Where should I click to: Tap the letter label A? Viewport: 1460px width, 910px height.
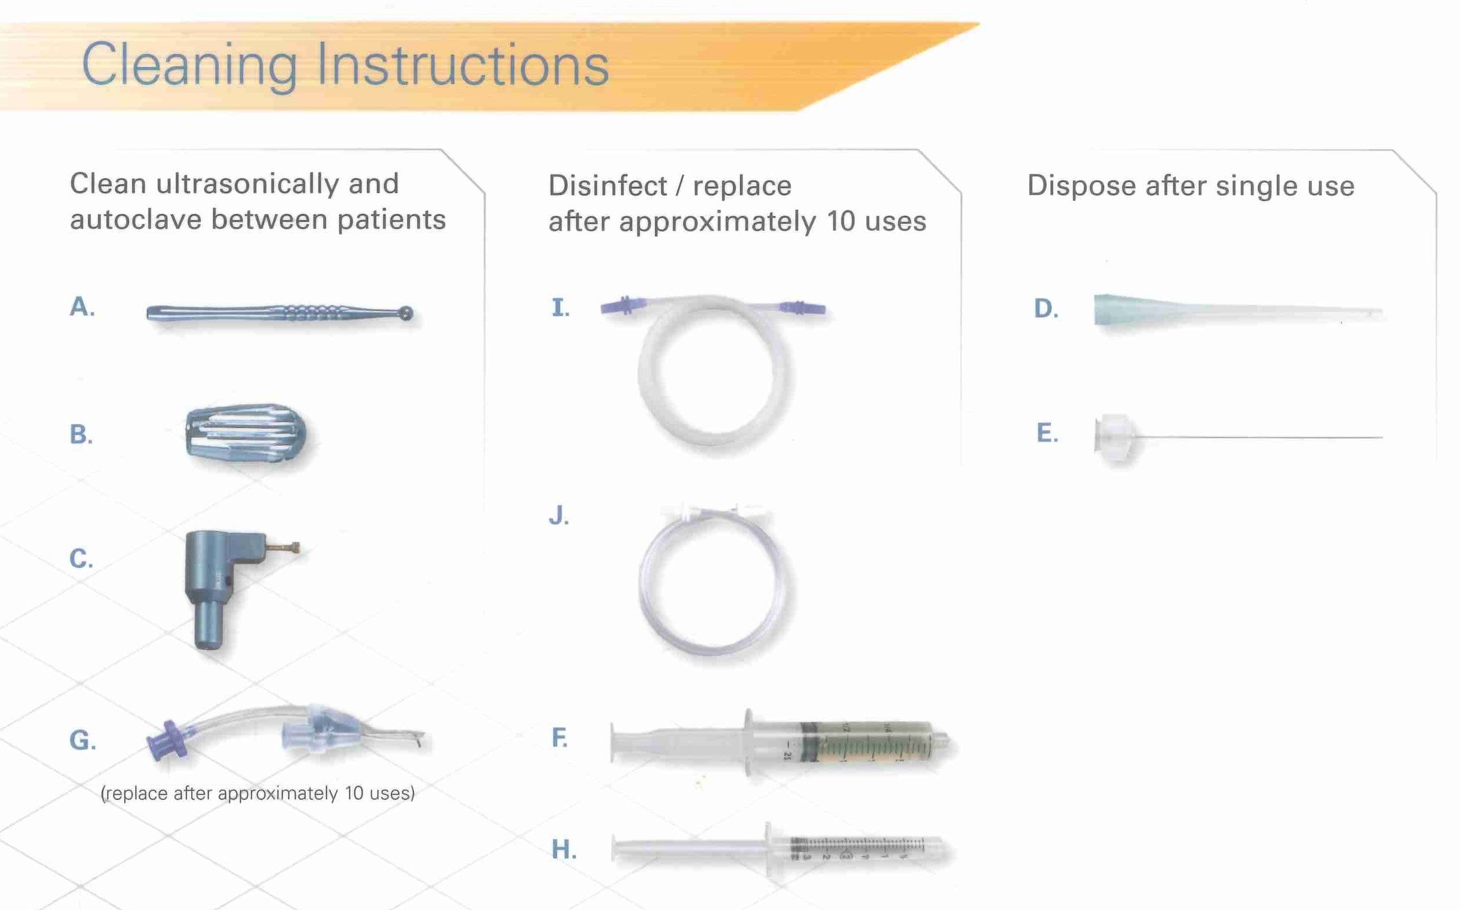click(x=82, y=307)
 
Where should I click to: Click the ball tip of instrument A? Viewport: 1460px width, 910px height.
click(x=407, y=312)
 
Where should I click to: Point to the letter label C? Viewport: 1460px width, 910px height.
click(x=81, y=558)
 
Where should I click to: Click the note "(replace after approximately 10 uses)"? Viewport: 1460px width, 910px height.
click(x=258, y=793)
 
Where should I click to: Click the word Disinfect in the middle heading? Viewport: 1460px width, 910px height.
click(x=607, y=185)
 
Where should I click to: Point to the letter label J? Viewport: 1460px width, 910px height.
click(x=559, y=516)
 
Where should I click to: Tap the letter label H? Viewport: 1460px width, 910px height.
click(x=564, y=849)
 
